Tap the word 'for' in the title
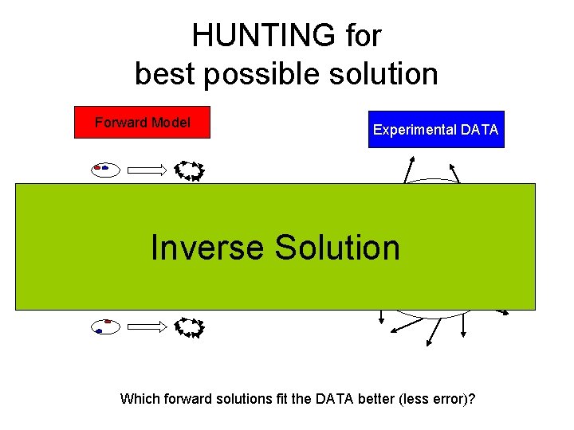click(364, 36)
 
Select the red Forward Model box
click(142, 123)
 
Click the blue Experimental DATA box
click(436, 130)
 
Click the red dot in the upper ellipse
click(97, 168)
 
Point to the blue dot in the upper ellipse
click(104, 168)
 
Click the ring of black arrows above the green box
click(190, 170)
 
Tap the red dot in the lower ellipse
click(108, 322)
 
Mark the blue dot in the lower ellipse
click(99, 330)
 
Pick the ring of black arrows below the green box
click(190, 326)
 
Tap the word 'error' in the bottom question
click(446, 398)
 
